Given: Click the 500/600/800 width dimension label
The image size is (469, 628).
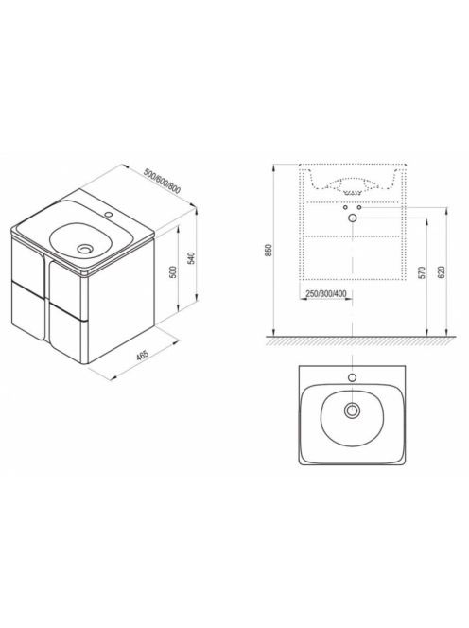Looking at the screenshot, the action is pos(162,182).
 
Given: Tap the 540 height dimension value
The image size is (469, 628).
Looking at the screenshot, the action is pos(191,258).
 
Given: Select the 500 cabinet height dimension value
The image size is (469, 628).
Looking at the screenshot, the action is pos(173,272).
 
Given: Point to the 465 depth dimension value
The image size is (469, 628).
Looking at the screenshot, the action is pos(143,355).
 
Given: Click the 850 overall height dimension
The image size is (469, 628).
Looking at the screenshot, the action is pos(269,250).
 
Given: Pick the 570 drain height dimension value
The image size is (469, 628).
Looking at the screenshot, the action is pos(421,272).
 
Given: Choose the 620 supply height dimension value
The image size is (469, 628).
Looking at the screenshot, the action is pos(442,272).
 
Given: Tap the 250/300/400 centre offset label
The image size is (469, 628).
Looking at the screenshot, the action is pos(326,293).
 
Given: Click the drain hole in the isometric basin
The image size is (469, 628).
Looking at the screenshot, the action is pos(85,249).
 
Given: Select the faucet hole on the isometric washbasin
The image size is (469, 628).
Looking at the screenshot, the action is pos(108,215).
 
